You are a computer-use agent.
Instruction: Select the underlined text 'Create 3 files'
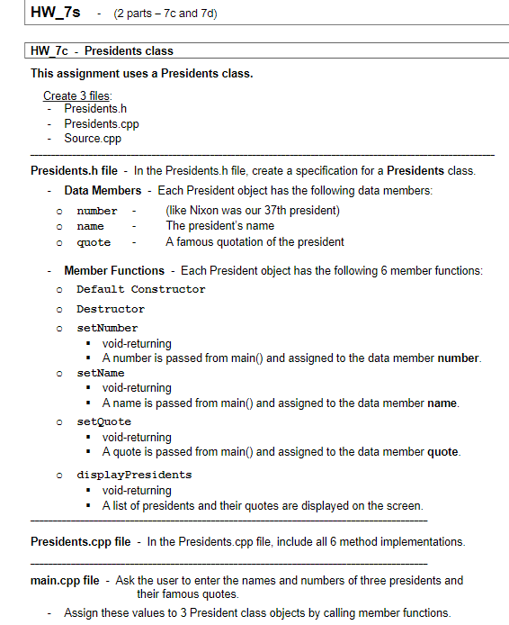(78, 95)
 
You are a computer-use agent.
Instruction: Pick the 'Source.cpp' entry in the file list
(92, 139)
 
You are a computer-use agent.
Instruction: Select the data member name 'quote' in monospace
(94, 242)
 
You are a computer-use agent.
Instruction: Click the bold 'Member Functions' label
(114, 270)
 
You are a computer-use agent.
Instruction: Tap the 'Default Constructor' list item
(140, 289)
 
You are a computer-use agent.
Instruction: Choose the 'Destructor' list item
(110, 309)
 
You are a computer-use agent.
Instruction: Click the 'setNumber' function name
(107, 328)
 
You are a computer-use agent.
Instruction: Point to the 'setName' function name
(101, 372)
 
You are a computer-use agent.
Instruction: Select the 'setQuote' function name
(103, 421)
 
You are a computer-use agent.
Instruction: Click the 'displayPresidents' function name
(134, 474)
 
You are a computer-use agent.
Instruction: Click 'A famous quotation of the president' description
(254, 241)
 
